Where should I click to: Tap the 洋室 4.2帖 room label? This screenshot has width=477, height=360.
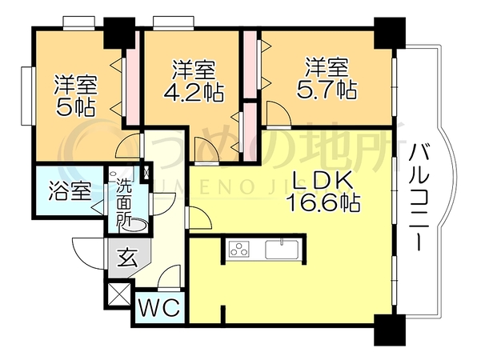pos(194,81)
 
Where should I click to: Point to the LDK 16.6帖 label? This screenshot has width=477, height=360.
pos(323,191)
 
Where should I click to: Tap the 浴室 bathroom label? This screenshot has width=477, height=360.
pos(70,191)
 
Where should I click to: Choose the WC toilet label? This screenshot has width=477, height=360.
pos(159,307)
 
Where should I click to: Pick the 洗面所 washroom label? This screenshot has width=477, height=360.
pos(124,202)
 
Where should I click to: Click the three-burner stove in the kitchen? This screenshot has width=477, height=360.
pos(239,248)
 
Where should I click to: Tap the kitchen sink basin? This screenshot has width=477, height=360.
pos(282,250)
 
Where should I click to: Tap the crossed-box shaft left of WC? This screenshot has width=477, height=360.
pos(118,294)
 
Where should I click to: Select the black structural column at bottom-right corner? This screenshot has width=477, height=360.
pos(390,330)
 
